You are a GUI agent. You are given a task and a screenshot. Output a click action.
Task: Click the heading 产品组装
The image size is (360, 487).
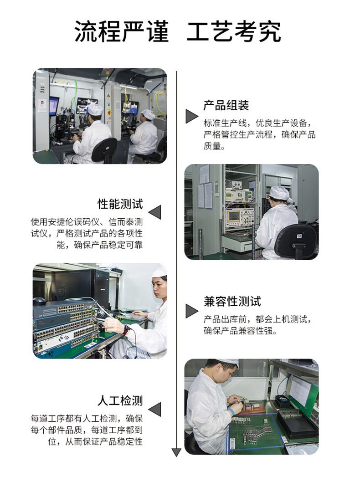click(x=226, y=105)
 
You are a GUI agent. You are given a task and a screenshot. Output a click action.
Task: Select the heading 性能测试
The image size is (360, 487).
click(x=120, y=204)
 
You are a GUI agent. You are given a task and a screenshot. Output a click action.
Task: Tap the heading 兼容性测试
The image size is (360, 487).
click(x=232, y=301)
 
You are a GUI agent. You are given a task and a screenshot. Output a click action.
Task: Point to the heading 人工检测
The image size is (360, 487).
click(x=120, y=400)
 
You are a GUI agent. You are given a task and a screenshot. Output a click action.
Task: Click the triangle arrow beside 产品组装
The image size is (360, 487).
click(x=191, y=116)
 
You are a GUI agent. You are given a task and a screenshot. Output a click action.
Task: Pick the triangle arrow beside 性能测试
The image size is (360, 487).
click(x=155, y=212)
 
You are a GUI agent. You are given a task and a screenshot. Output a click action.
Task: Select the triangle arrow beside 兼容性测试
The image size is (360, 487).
click(x=191, y=311)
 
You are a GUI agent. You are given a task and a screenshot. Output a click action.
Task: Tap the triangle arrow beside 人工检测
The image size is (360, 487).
click(x=155, y=409)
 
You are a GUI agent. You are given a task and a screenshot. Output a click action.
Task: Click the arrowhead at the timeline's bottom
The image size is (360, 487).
click(x=176, y=452)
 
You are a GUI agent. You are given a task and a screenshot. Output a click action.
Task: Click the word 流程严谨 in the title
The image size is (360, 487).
click(x=122, y=31)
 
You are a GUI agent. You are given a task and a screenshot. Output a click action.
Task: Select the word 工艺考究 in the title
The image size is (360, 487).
click(x=234, y=31)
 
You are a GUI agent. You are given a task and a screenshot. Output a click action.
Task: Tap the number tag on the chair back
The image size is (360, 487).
click(x=299, y=236)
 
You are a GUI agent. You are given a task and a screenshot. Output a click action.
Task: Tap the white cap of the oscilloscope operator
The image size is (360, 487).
click(x=279, y=194)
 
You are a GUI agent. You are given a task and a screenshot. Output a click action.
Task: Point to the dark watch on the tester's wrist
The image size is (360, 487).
click(x=125, y=330)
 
